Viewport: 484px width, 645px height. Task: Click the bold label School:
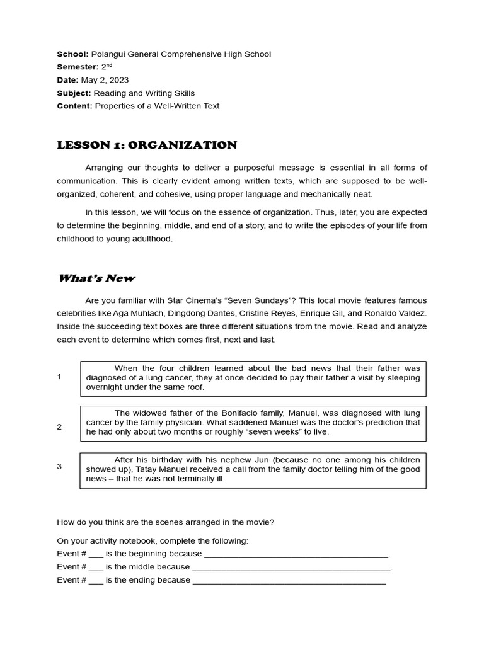coord(72,54)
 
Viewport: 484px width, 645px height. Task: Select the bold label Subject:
coord(74,93)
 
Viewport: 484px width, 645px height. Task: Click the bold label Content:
coord(74,106)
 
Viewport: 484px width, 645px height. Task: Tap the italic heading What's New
coord(96,278)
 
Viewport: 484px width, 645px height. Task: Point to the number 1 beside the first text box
coord(59,377)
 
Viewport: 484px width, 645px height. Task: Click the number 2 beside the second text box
coord(59,426)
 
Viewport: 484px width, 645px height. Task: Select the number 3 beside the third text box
coord(59,466)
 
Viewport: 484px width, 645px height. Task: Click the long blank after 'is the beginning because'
coord(296,554)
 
